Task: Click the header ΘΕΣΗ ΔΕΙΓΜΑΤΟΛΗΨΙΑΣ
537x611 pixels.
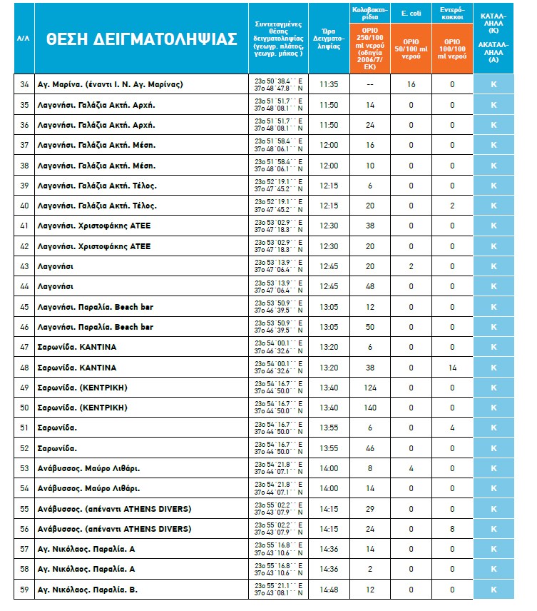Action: [141, 39]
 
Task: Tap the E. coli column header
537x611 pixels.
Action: [411, 13]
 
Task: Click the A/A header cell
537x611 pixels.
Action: [24, 39]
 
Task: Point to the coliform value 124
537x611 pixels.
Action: [369, 388]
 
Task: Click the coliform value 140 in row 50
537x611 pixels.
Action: [369, 408]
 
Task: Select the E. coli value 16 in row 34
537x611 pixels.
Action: [411, 84]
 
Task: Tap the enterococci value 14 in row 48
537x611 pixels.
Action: [452, 367]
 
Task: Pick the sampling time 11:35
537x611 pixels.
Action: [328, 84]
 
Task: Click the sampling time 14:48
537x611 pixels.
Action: [328, 590]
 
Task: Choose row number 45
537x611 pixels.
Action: [24, 307]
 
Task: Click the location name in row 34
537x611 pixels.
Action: [110, 84]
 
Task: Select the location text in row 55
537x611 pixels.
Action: [115, 509]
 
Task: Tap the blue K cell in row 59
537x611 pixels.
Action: [493, 590]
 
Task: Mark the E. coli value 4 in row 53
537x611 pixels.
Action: [411, 468]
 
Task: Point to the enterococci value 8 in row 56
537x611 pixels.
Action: [452, 529]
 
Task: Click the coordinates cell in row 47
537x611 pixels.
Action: [279, 347]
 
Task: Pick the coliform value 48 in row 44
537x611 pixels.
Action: [369, 286]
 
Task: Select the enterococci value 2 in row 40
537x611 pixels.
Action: [452, 206]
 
